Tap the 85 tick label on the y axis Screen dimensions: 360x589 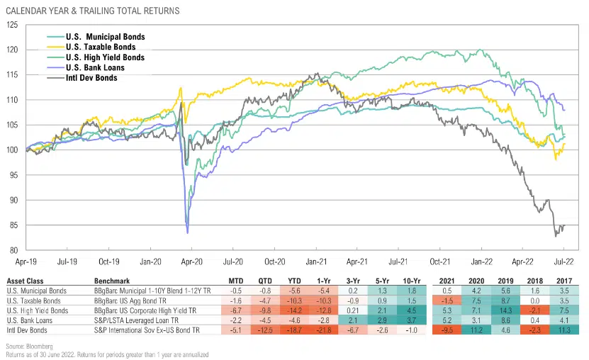(14, 225)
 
